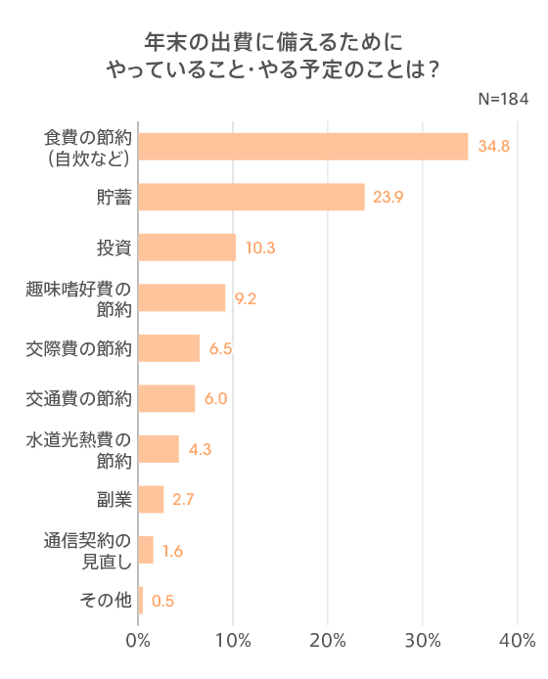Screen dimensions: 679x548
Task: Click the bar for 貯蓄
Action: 251,197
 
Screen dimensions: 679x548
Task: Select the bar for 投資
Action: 188,248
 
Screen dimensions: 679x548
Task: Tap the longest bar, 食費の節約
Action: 303,146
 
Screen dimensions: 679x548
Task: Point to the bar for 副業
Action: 152,499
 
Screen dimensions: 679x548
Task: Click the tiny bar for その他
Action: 141,601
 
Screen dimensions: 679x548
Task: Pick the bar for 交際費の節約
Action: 169,348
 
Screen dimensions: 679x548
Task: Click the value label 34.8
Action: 494,147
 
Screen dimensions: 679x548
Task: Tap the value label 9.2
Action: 246,298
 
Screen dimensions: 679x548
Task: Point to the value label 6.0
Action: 216,399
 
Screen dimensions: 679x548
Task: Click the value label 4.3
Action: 200,450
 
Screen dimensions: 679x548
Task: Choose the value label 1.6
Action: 173,551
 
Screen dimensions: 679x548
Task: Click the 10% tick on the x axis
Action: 233,641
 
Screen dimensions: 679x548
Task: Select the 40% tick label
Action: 517,641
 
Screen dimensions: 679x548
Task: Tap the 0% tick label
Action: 139,641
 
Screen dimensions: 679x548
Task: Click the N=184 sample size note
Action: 503,101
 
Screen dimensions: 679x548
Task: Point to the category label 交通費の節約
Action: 79,399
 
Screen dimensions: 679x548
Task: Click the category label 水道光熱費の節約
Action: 79,449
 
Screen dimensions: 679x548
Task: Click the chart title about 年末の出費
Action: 273,56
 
